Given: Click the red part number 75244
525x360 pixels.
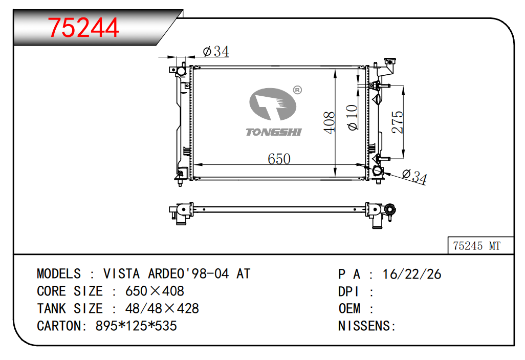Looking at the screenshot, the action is (x=83, y=28).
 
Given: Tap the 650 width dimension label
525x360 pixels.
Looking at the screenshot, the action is (x=279, y=159).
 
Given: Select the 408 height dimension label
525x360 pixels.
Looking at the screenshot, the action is (x=329, y=122).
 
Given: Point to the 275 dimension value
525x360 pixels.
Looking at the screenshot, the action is (x=398, y=122).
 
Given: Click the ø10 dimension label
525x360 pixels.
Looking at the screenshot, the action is (x=352, y=117).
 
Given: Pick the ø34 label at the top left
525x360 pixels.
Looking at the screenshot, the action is (x=216, y=52).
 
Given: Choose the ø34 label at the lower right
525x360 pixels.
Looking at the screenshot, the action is (x=414, y=177).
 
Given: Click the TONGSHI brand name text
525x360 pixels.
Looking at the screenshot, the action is (x=274, y=132).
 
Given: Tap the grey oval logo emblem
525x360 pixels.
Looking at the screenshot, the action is (x=273, y=104).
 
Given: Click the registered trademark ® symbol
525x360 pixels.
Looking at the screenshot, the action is (x=297, y=90).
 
